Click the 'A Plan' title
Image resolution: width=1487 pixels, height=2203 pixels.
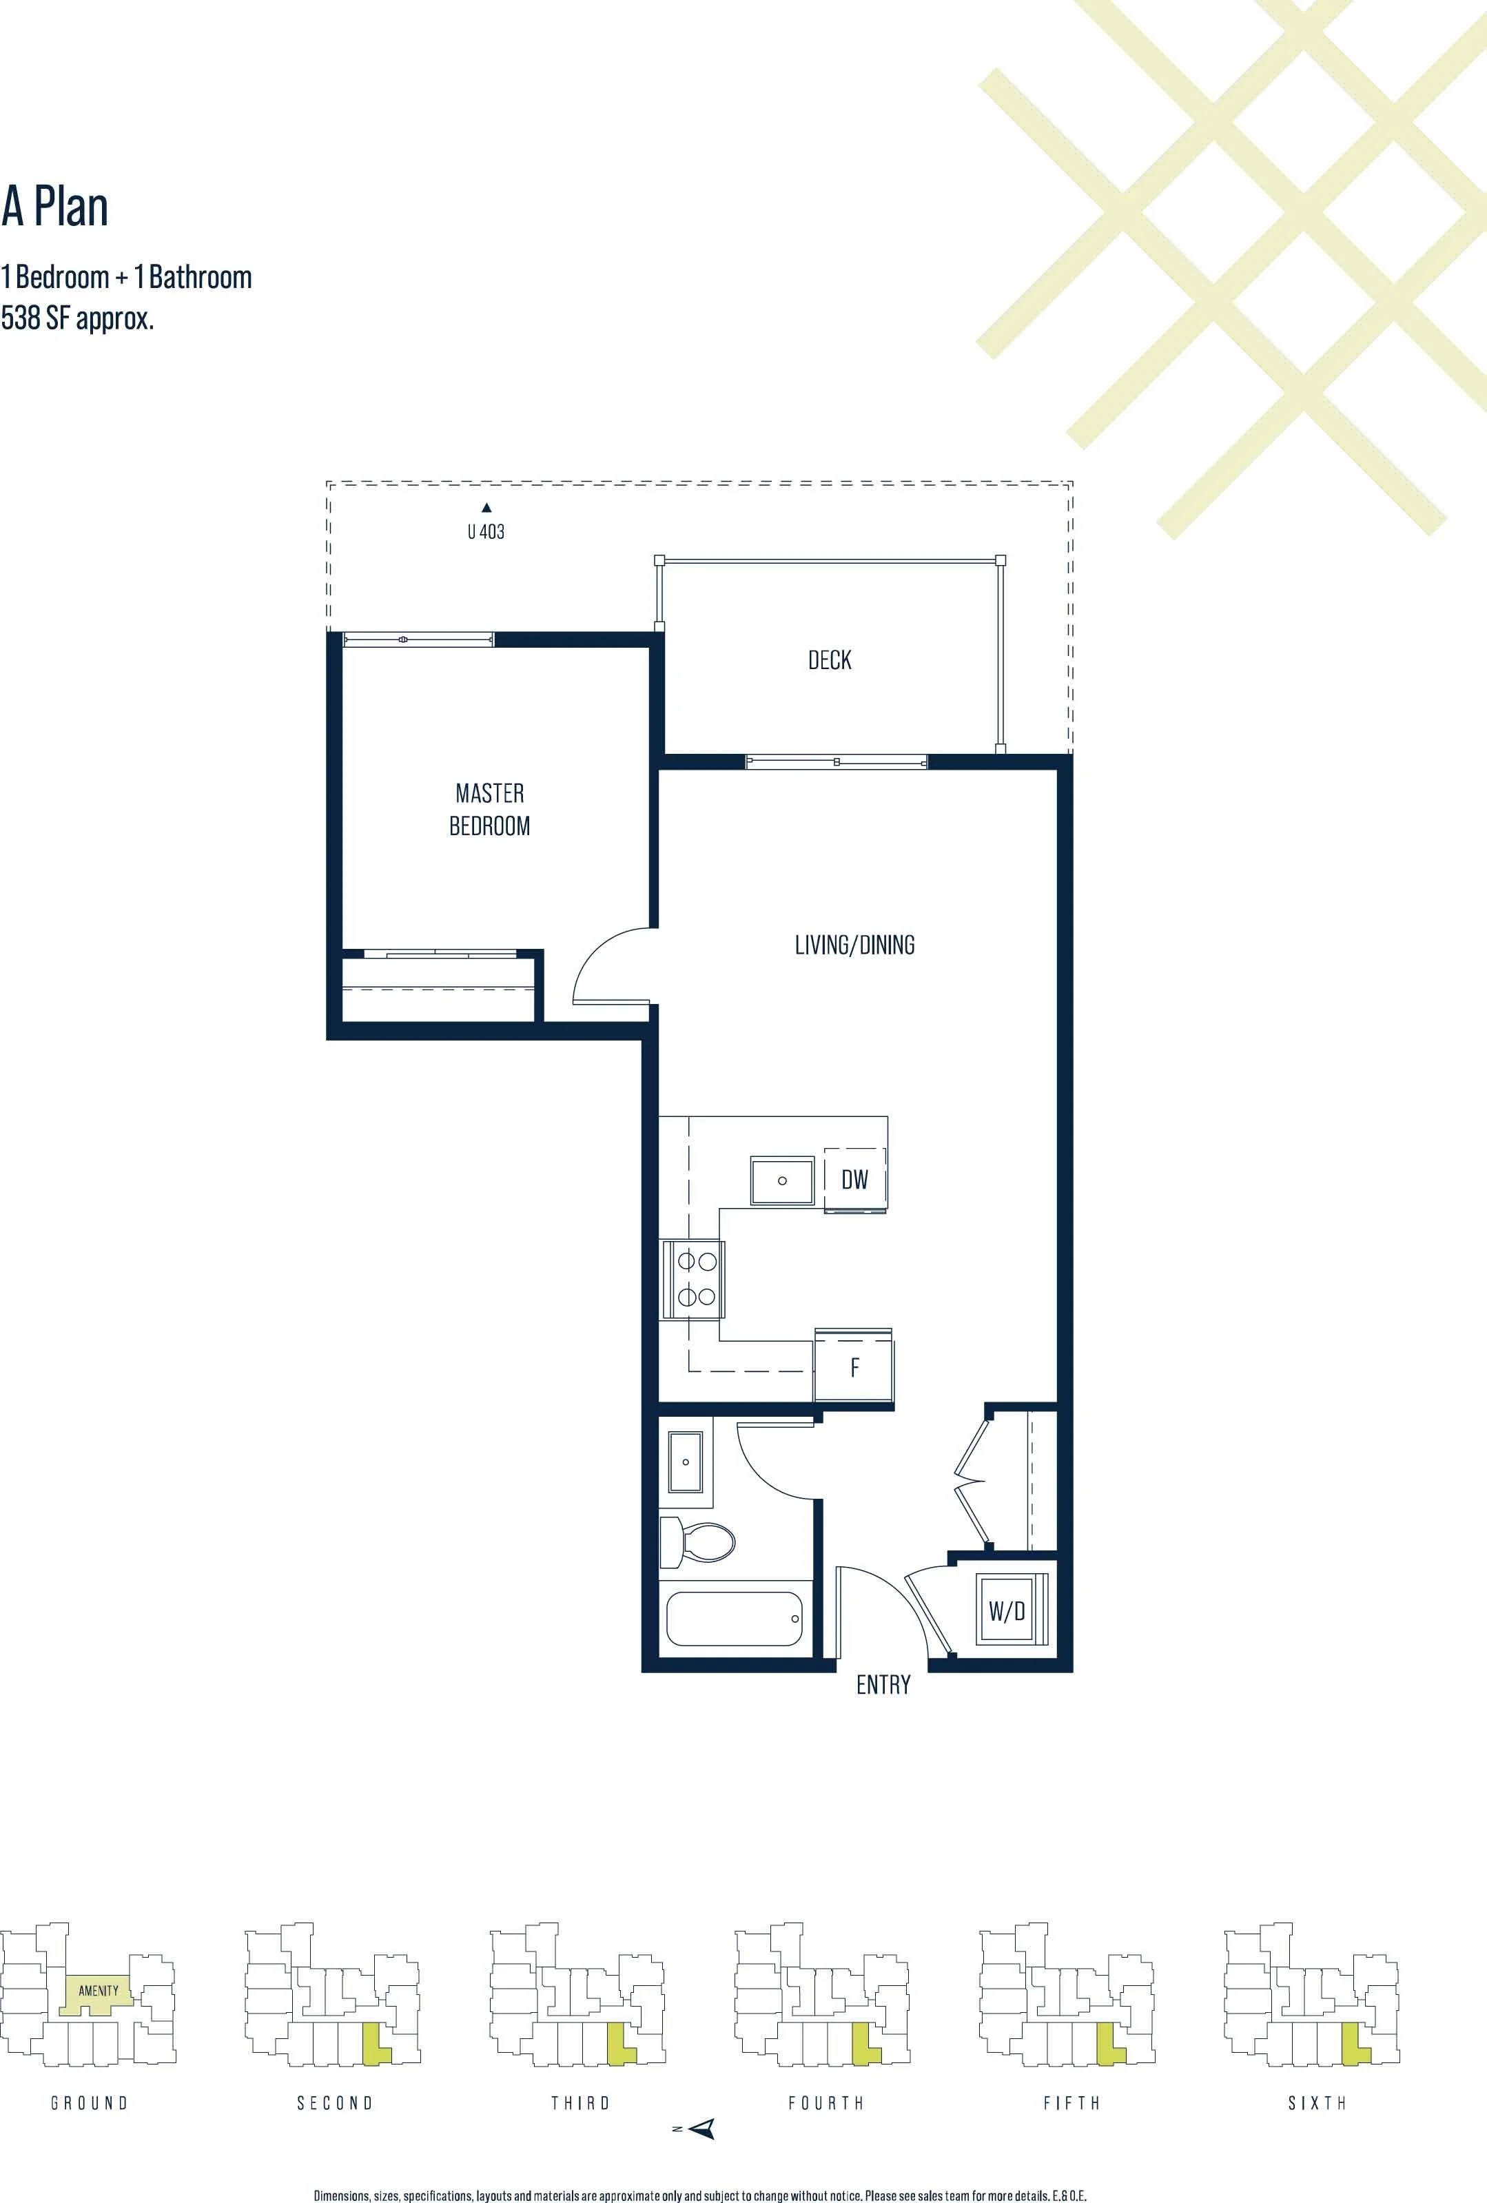pos(55,207)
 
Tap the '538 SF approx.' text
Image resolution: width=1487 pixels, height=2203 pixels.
pos(78,318)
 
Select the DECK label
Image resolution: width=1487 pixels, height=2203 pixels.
pos(829,659)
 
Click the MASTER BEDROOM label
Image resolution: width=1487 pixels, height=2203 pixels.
pos(490,808)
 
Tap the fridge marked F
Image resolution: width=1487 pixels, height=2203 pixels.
pos(854,1367)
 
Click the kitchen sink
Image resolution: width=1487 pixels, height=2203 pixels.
pos(782,1180)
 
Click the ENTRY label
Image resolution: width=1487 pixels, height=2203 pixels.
pos(883,1685)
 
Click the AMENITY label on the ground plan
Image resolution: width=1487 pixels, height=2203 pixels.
pos(99,1991)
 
